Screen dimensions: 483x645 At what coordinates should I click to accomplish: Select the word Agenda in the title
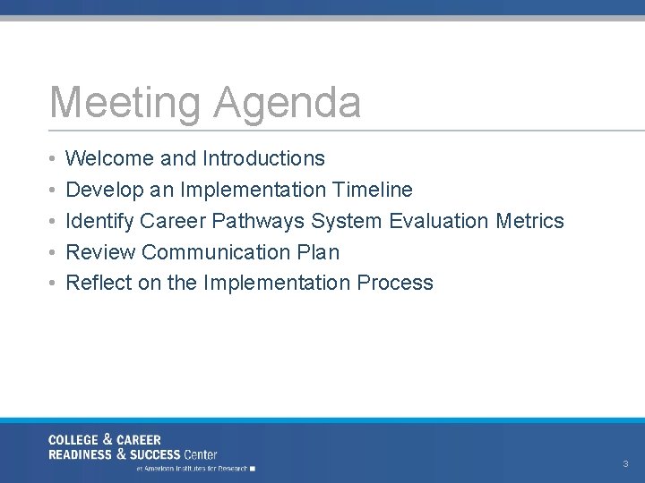click(x=288, y=102)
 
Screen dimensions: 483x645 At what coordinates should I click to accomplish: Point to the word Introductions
click(x=263, y=158)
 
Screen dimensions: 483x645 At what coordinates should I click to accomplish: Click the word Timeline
click(x=372, y=190)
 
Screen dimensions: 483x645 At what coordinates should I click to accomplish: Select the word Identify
click(x=99, y=221)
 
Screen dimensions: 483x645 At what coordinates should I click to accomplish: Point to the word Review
click(x=100, y=252)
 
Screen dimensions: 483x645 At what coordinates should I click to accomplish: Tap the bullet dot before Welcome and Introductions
click(x=53, y=159)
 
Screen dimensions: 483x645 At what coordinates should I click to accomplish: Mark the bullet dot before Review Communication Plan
click(x=53, y=253)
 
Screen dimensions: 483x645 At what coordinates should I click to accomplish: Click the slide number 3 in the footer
click(x=625, y=464)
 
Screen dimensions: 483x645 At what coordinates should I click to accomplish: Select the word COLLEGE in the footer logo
click(x=74, y=440)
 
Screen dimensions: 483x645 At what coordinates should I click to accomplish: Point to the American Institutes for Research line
click(x=193, y=469)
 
